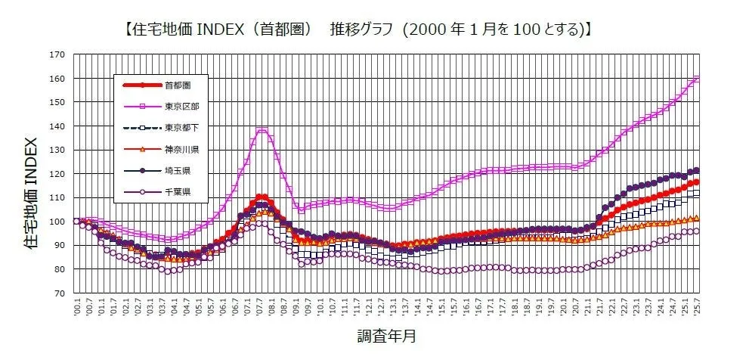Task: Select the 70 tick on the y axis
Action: point(57,293)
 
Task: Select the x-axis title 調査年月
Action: point(386,334)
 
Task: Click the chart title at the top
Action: point(355,30)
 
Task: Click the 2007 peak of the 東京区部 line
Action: point(262,130)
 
